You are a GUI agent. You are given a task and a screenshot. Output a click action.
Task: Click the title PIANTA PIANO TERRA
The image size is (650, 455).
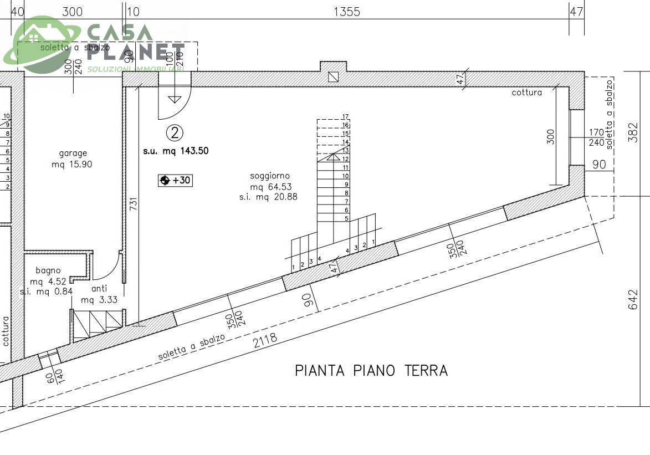click(x=371, y=370)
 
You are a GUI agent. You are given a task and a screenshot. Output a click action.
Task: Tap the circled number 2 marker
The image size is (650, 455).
click(x=175, y=132)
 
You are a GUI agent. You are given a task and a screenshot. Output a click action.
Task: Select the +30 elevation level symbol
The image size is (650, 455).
click(x=175, y=180)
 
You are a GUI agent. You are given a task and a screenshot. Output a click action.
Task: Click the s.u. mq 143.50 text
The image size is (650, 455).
click(x=176, y=151)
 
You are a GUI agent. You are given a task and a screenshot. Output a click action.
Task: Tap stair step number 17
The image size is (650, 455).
click(x=345, y=117)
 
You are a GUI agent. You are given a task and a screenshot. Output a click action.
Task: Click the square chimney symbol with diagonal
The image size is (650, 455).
click(x=333, y=77)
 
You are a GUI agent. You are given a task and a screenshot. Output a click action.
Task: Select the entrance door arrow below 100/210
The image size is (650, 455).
click(x=175, y=99)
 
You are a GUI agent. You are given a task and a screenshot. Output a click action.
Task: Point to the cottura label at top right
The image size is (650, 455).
click(x=526, y=93)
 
